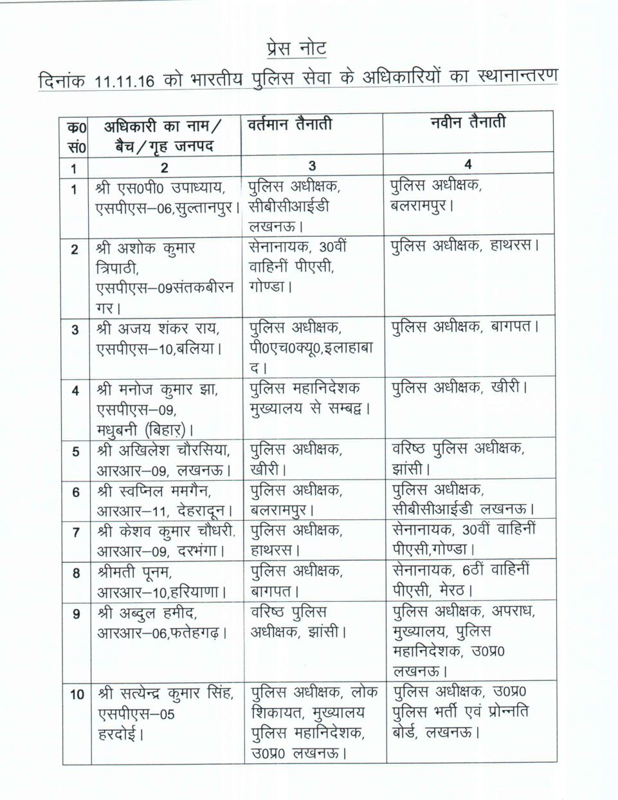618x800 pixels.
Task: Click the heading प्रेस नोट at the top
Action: (296, 48)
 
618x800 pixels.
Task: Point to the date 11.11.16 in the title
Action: (124, 82)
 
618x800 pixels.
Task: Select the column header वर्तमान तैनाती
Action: (290, 124)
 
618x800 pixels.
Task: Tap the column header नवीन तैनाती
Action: (468, 122)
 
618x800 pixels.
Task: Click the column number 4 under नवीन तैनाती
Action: (468, 165)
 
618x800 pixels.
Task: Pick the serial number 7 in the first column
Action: (76, 532)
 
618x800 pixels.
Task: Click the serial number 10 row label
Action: (77, 694)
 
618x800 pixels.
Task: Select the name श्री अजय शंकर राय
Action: (158, 329)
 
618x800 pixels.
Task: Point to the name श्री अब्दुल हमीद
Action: (148, 613)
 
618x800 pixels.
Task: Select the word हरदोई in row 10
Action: (120, 734)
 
